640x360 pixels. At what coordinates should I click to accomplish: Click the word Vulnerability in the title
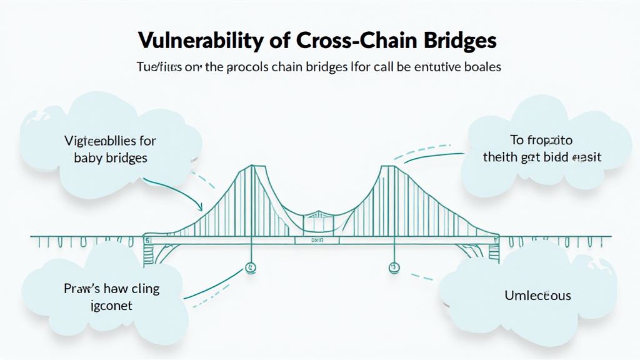pyautogui.click(x=198, y=41)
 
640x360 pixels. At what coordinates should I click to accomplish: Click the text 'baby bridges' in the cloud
pyautogui.click(x=111, y=157)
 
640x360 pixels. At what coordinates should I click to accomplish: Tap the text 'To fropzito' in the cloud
pyautogui.click(x=542, y=141)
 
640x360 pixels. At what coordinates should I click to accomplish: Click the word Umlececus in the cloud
pyautogui.click(x=537, y=294)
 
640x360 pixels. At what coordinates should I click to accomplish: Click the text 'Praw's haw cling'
pyautogui.click(x=111, y=288)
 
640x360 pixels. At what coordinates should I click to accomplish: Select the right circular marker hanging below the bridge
pyautogui.click(x=393, y=267)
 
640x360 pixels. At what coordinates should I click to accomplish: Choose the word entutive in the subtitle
pyautogui.click(x=437, y=67)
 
